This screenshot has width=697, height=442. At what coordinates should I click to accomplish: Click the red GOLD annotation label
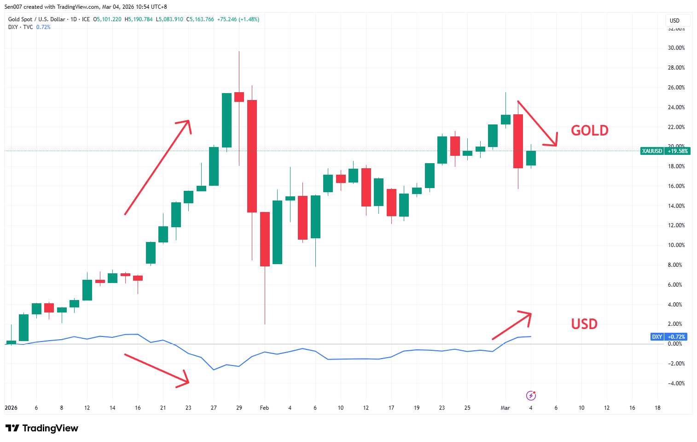589,130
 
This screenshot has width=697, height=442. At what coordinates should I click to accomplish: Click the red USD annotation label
584,324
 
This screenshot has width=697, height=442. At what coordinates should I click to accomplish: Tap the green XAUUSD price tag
652,151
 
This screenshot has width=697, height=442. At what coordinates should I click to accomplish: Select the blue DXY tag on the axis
657,337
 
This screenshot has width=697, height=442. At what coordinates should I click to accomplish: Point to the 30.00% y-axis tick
676,48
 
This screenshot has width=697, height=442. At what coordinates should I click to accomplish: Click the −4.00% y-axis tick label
676,383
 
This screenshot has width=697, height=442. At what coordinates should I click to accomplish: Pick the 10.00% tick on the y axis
676,245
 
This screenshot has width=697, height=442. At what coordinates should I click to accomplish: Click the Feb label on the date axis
264,408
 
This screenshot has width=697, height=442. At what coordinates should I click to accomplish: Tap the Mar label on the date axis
505,408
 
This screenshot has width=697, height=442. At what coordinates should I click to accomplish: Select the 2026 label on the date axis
11,408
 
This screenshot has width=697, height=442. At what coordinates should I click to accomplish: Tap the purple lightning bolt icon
531,395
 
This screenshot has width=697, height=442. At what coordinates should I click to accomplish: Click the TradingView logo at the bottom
42,428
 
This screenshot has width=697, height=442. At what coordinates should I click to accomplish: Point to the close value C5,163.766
200,19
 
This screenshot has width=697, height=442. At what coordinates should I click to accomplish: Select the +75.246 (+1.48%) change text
238,19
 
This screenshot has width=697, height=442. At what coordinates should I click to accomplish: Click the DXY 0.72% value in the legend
43,27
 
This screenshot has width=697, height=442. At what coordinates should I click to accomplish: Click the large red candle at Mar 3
518,141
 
